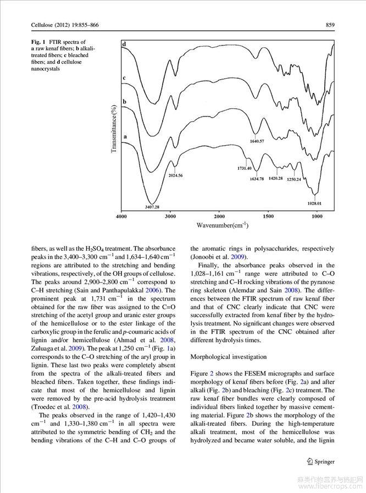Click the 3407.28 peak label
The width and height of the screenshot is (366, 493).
click(152, 207)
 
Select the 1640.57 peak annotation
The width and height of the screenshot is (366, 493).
click(256, 141)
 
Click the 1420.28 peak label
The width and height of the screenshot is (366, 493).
click(275, 179)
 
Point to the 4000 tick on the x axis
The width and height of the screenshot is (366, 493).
click(122, 217)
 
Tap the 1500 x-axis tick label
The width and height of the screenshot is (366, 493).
click(268, 217)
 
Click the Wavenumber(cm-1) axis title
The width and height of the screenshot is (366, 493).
click(222, 225)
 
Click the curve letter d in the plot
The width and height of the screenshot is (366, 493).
click(124, 43)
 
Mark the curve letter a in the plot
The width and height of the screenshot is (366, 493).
click(125, 135)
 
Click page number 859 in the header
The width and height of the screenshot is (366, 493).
click(330, 25)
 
